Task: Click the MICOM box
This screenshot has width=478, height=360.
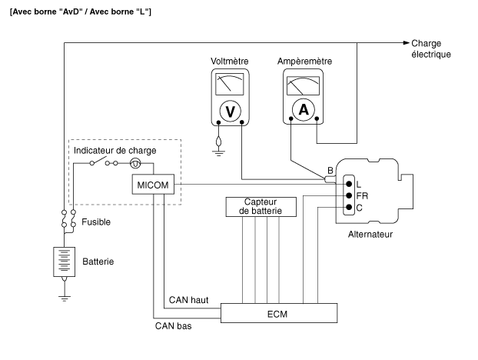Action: click(x=153, y=185)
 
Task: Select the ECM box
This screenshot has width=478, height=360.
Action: click(x=279, y=313)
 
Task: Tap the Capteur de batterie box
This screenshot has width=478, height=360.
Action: click(x=261, y=207)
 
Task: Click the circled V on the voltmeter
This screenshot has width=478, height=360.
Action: click(x=230, y=111)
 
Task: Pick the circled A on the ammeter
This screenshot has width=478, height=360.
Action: click(x=304, y=109)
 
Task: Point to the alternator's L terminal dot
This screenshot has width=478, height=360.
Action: click(x=349, y=184)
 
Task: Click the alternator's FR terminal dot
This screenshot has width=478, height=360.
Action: click(x=349, y=195)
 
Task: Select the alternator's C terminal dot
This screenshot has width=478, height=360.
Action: click(x=349, y=208)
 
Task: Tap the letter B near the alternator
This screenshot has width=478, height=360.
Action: click(x=330, y=171)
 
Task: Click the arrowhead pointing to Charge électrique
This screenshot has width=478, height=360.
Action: click(x=406, y=43)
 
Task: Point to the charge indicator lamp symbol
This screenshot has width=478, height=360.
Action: click(x=135, y=164)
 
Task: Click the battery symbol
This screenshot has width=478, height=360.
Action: click(x=64, y=262)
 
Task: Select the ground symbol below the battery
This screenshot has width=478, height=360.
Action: click(x=64, y=298)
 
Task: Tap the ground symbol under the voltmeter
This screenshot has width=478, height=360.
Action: click(x=218, y=152)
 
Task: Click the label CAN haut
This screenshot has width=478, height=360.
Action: click(x=189, y=300)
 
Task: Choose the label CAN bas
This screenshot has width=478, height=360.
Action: click(x=173, y=326)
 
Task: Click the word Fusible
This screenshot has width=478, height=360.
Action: click(x=96, y=222)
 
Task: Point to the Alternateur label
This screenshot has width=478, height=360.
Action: click(x=370, y=235)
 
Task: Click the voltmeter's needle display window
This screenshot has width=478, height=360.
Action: click(x=230, y=84)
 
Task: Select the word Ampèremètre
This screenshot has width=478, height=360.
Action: click(x=304, y=62)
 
